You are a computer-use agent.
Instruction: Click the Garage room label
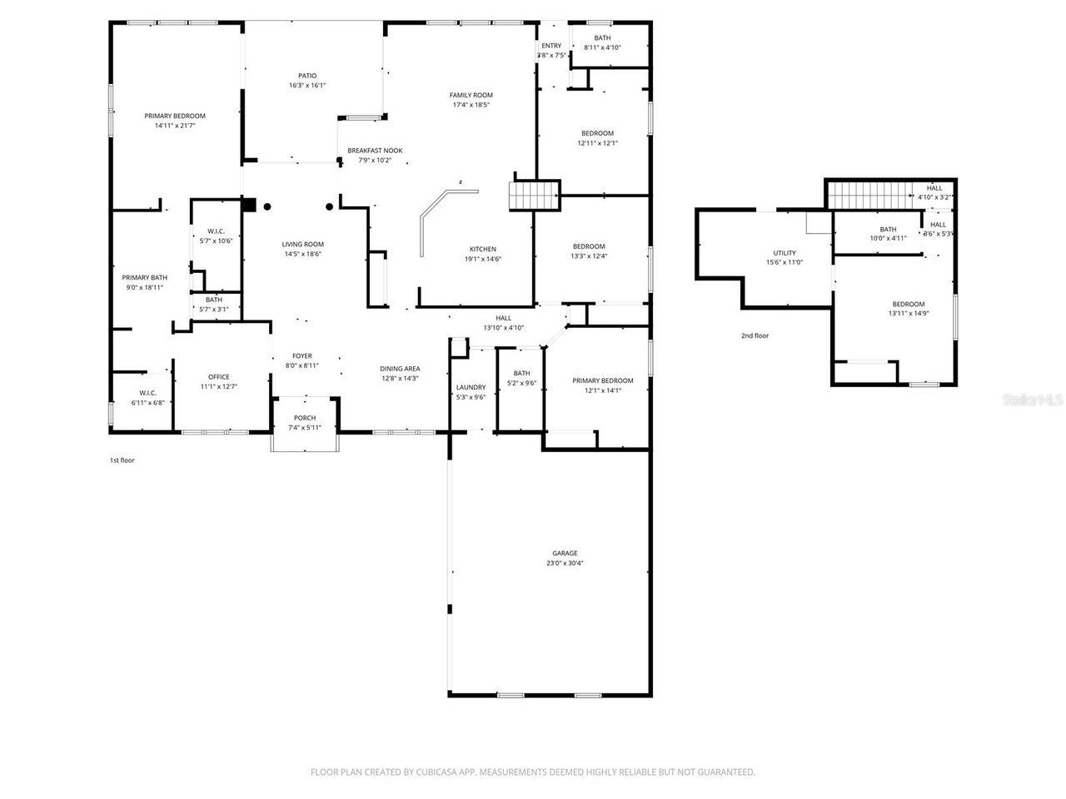564,553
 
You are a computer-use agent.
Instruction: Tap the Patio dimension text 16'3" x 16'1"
307,86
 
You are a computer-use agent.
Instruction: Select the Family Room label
471,95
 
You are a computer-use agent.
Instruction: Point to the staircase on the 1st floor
533,196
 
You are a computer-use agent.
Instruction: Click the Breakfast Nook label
375,151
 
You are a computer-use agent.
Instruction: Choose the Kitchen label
483,249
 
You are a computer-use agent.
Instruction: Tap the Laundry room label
471,387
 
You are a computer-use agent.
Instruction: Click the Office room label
219,377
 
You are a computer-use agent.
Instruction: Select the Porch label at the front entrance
305,418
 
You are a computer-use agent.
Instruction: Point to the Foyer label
301,355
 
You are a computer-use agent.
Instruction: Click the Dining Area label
400,369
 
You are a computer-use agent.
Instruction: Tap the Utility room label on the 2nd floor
784,253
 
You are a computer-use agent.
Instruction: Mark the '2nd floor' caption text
755,336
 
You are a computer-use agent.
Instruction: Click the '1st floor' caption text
122,460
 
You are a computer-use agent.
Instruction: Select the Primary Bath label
144,277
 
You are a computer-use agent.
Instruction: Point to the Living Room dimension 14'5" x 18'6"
302,255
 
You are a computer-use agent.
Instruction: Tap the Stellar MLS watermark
1033,400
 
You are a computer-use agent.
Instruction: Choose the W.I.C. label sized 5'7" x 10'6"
216,231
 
